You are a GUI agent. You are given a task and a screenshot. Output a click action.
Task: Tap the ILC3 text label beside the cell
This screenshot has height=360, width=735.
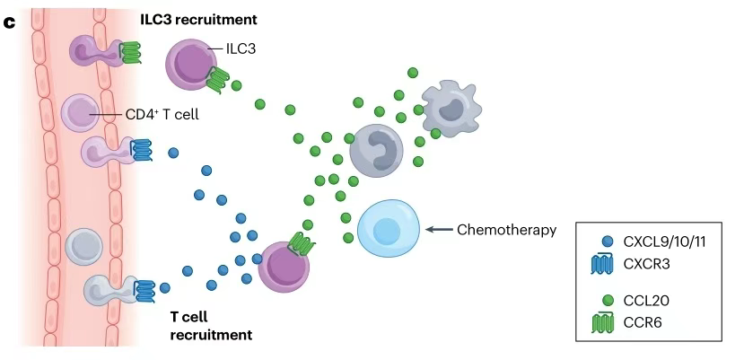(x=241, y=50)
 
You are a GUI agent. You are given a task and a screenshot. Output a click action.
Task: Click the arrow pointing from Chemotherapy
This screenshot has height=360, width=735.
(x=438, y=230)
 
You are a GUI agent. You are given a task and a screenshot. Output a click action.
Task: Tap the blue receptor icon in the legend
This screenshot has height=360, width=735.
(x=607, y=264)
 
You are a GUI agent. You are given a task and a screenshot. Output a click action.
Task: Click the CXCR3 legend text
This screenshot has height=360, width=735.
(x=647, y=264)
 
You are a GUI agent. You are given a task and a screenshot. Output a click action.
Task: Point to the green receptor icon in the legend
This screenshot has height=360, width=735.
(x=607, y=321)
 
